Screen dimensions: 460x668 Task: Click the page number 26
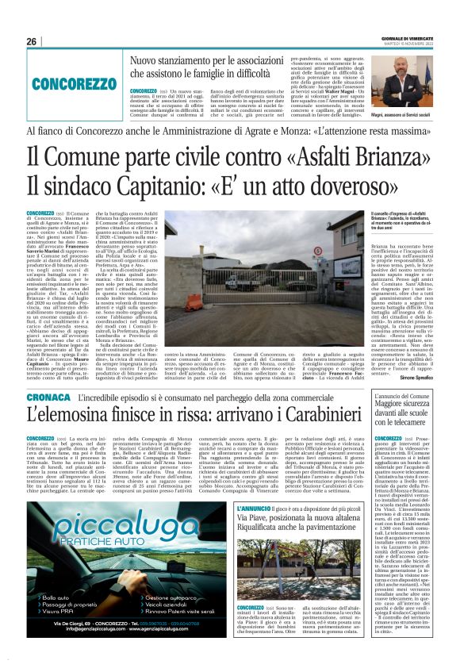pyautogui.click(x=32, y=41)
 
